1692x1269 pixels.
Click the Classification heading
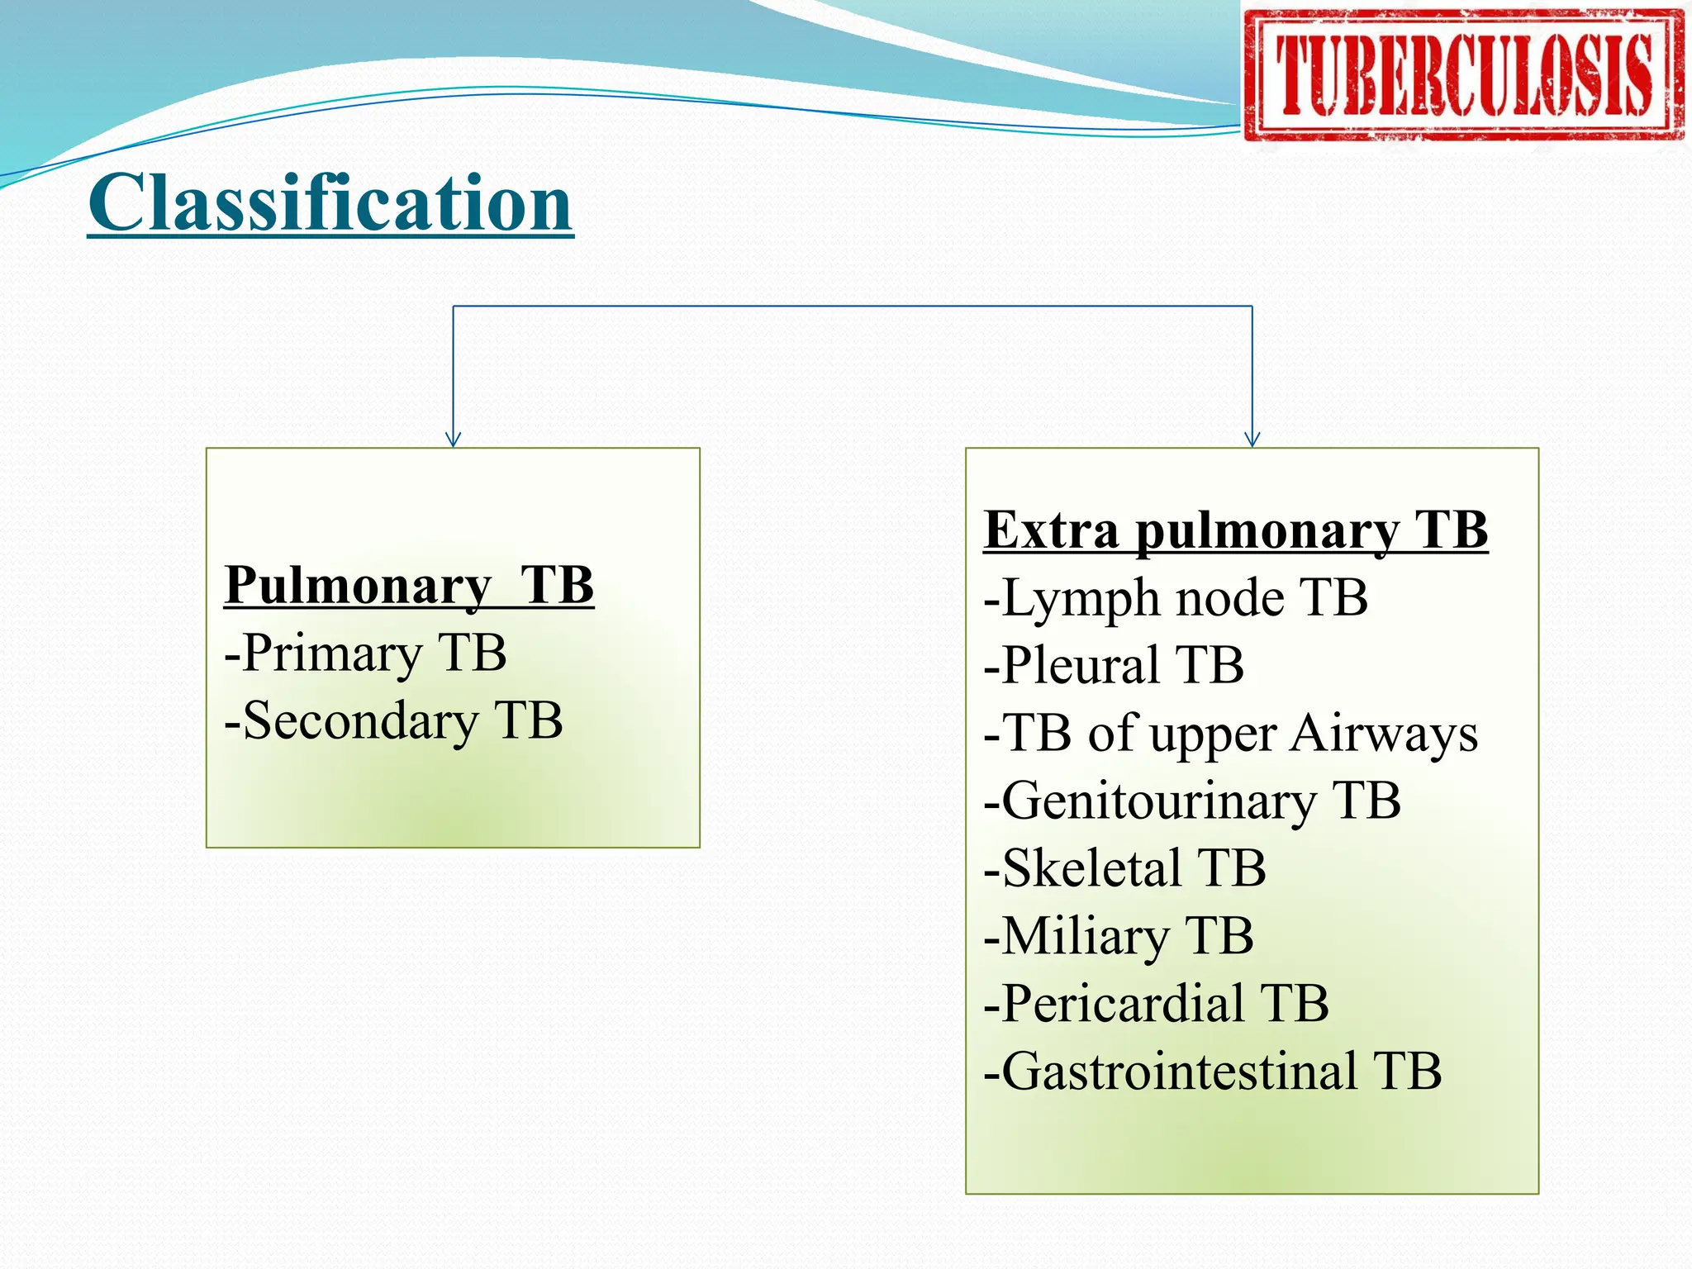[330, 203]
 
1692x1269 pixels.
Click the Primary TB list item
[365, 653]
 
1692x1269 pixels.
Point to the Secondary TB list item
[393, 720]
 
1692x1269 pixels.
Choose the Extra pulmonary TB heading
[1236, 530]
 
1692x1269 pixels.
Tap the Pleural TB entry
[1114, 665]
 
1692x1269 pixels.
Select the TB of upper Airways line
[1231, 734]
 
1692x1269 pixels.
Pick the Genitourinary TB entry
[1192, 801]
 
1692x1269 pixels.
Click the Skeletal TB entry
[1124, 868]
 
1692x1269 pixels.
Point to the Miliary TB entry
[1119, 936]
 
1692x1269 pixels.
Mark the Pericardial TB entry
[1156, 1004]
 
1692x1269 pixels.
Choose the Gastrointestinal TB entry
[1212, 1072]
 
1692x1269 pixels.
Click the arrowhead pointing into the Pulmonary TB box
[453, 440]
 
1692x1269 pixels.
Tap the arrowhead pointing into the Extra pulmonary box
[1252, 440]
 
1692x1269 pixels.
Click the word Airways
[1384, 734]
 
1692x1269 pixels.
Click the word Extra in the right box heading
[1051, 530]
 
